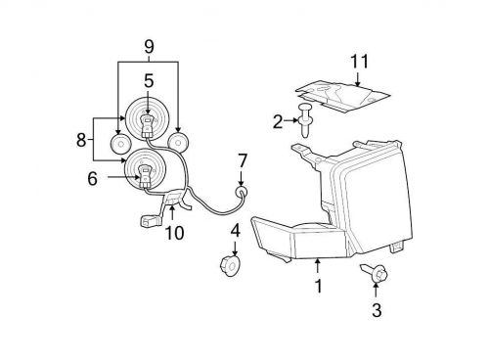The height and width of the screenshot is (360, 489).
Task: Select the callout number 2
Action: [x=278, y=121]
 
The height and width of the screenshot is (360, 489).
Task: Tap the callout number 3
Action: [x=377, y=311]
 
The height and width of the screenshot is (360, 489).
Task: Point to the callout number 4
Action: [x=234, y=232]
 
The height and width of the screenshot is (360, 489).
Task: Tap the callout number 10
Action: [x=175, y=233]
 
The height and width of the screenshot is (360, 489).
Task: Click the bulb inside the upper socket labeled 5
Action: [x=148, y=121]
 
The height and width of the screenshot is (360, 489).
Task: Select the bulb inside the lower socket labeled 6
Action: [x=144, y=176]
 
